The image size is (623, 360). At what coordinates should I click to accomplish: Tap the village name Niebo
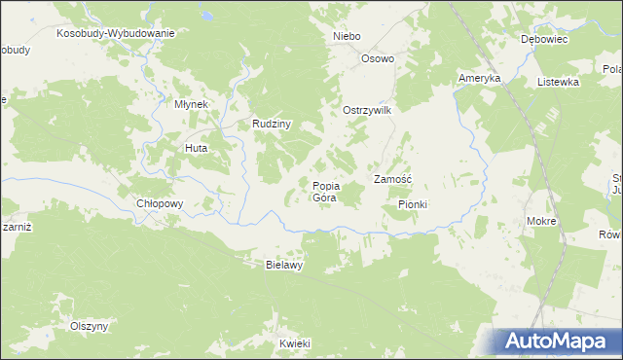pos(347,36)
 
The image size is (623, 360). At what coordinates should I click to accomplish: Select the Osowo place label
pos(378,58)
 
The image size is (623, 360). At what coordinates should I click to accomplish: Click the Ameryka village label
pos(479,78)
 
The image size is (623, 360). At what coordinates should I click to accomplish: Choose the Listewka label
pos(558,82)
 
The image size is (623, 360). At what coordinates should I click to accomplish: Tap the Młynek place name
pos(191,104)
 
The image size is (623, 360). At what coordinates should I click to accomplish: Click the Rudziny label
pos(273,124)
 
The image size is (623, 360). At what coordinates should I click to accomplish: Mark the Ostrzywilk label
pos(366,111)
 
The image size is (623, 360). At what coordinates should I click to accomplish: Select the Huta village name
pos(197,148)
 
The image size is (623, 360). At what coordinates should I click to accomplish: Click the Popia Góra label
pos(325,192)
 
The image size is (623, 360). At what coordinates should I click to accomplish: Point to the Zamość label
pos(393,180)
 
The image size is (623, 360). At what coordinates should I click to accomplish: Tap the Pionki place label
pos(413,204)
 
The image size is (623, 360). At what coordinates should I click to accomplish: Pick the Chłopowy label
pos(160,204)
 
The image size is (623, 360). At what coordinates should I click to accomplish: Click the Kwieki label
pos(294,343)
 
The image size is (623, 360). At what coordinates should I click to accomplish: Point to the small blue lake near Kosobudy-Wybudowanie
pos(207,17)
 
